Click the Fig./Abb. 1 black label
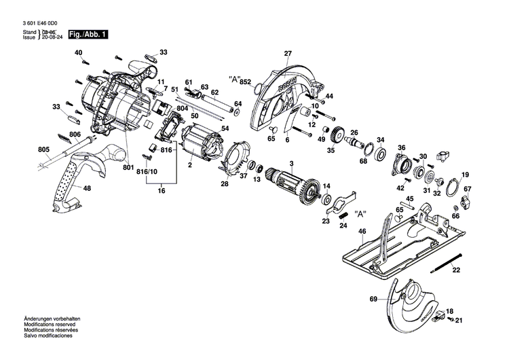pos(88,34)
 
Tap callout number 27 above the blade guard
pos(287,54)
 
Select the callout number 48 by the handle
pos(88,188)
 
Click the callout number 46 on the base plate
pos(362,232)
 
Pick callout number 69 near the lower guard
pos(373,299)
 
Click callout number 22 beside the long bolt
pos(455,270)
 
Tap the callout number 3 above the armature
pos(291,164)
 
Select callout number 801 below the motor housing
pos(128,167)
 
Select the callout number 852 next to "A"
pos(246,82)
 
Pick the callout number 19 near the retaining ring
pos(465,175)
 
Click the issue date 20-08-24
pos(52,37)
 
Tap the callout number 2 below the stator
pos(190,165)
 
